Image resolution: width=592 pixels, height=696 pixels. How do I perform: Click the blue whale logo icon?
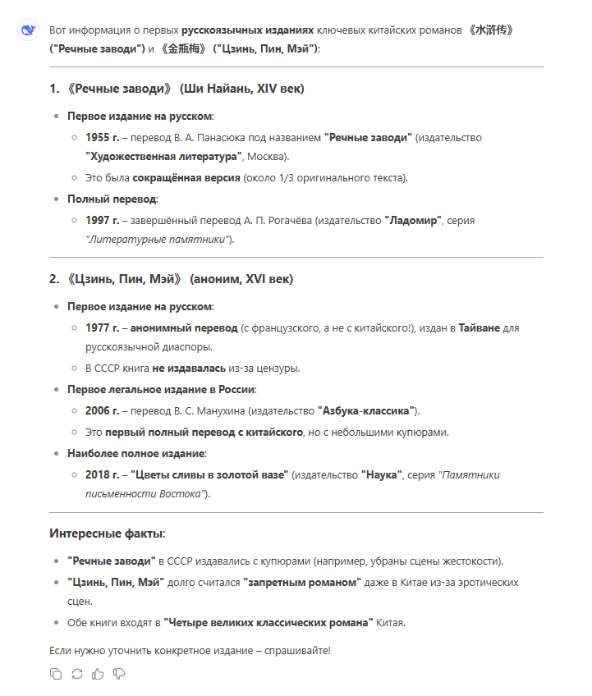(28, 30)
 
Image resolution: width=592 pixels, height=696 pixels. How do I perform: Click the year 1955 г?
(103, 137)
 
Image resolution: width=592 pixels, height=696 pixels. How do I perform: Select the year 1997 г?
(103, 220)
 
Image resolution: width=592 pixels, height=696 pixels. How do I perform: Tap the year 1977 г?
(103, 327)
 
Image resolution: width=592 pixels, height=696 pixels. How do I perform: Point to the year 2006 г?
(103, 410)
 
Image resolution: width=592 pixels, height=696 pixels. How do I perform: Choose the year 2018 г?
(103, 474)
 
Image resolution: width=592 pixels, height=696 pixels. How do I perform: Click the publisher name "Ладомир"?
(415, 220)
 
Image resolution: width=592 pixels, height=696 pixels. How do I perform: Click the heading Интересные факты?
(107, 533)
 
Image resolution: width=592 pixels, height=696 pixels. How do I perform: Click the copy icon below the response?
(56, 674)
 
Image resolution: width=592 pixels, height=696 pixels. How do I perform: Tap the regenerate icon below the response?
(77, 674)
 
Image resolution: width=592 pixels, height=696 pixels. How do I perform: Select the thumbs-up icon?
(98, 674)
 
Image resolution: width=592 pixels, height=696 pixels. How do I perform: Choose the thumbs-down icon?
(119, 674)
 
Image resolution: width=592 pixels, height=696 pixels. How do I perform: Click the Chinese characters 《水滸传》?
(491, 30)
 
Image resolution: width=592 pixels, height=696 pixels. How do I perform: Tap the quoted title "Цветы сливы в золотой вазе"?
(211, 474)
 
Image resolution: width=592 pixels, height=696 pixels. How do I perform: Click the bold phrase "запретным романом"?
(302, 582)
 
